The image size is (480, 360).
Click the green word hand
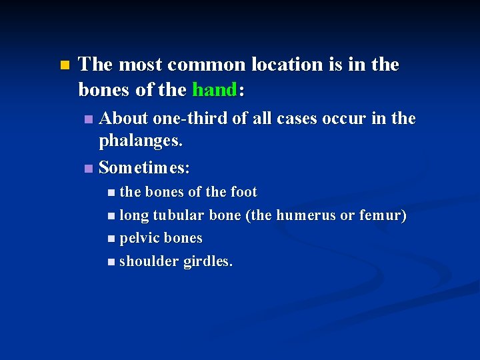click(213, 89)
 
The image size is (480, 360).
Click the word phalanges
click(140, 141)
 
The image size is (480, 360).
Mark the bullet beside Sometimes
click(89, 168)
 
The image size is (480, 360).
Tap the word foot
click(243, 192)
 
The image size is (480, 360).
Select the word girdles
click(208, 261)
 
